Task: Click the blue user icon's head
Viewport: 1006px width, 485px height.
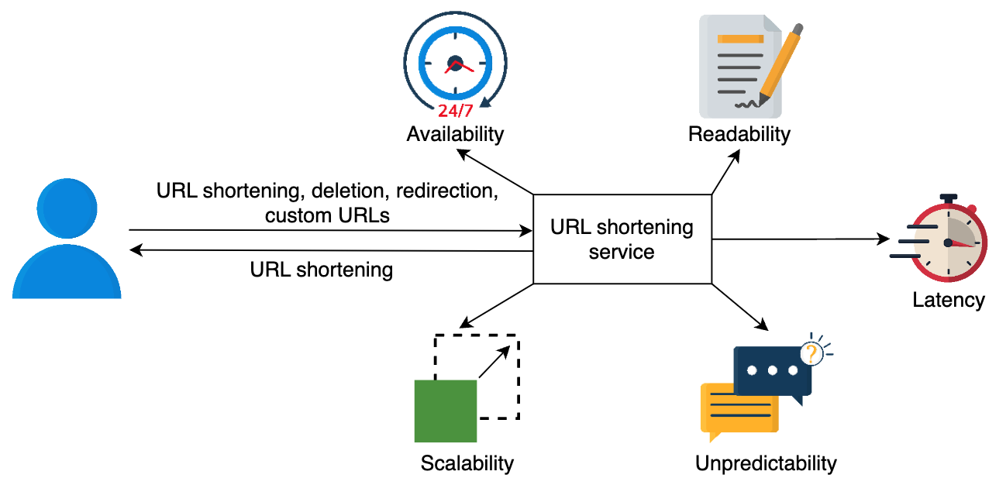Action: pos(67,208)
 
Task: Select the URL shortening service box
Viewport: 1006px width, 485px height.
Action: pos(622,239)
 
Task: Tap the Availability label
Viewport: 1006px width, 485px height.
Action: pos(455,134)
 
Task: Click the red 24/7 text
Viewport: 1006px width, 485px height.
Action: pos(456,111)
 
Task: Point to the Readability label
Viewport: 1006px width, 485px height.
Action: pos(739,134)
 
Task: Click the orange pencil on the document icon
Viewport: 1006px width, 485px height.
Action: pos(780,64)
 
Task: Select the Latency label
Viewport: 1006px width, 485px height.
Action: pos(949,300)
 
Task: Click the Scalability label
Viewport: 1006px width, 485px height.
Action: pos(467,463)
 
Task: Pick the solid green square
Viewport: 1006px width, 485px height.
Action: pos(446,411)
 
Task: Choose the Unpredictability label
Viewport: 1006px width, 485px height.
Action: pos(767,463)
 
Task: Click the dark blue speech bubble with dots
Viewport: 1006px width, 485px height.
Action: pos(773,372)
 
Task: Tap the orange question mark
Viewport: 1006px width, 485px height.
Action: pos(811,354)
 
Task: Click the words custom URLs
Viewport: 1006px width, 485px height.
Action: pos(327,215)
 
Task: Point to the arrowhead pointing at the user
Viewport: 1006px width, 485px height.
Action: pos(136,249)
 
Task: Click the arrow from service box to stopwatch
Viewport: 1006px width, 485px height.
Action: pos(801,239)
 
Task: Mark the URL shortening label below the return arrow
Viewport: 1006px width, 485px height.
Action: pos(322,270)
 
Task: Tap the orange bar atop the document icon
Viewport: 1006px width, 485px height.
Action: pos(741,39)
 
